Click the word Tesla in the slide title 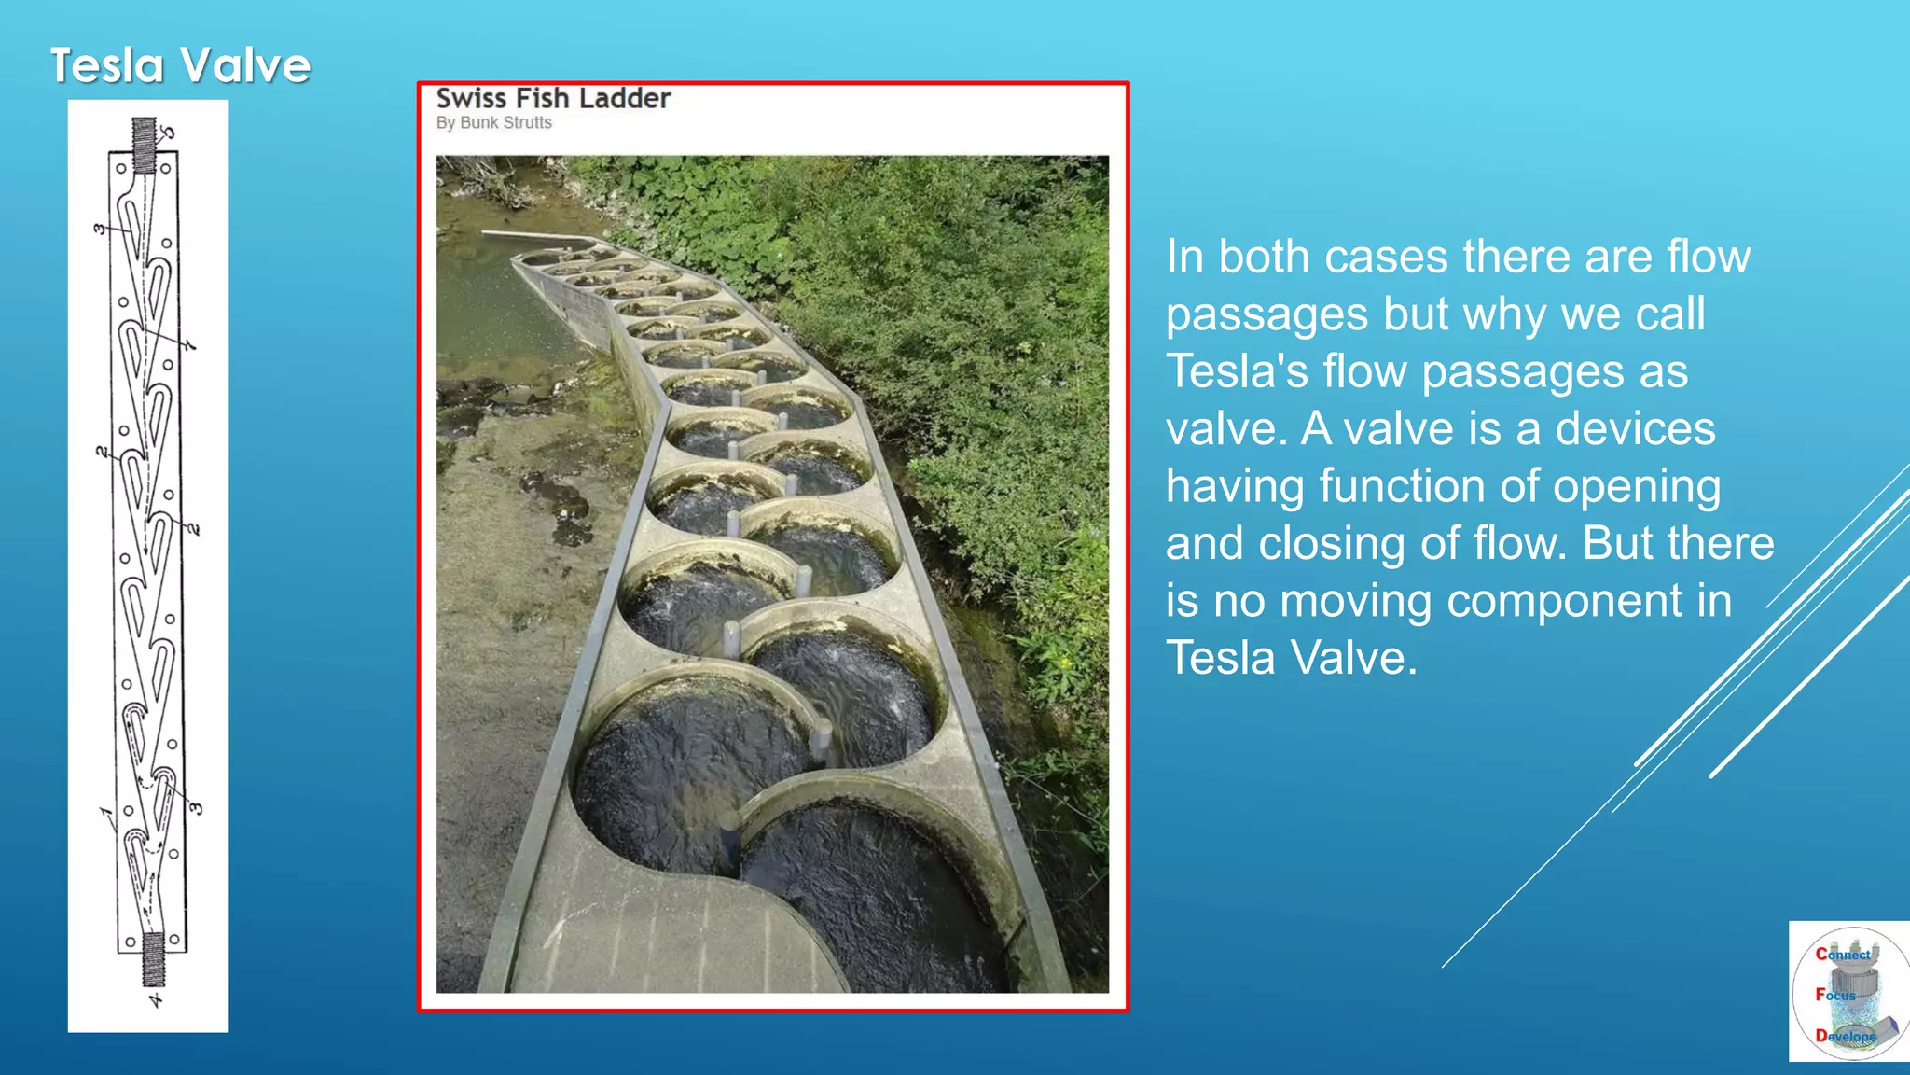point(107,66)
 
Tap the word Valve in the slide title point(245,66)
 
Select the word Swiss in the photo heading point(471,99)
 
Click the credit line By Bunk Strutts point(494,123)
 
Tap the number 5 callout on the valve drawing point(168,133)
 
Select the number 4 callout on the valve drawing point(156,1001)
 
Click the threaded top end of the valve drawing point(144,145)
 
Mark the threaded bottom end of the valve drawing point(153,958)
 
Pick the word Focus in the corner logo point(1835,995)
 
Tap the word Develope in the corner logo point(1845,1036)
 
